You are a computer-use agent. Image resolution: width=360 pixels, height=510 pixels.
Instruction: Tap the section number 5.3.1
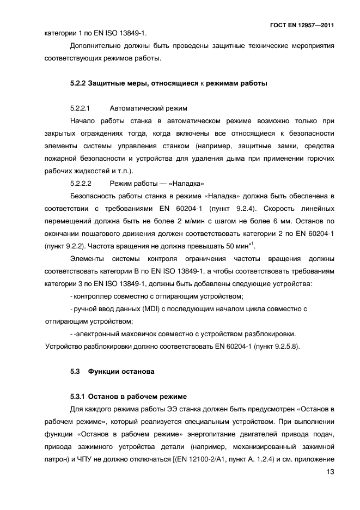[78, 396]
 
